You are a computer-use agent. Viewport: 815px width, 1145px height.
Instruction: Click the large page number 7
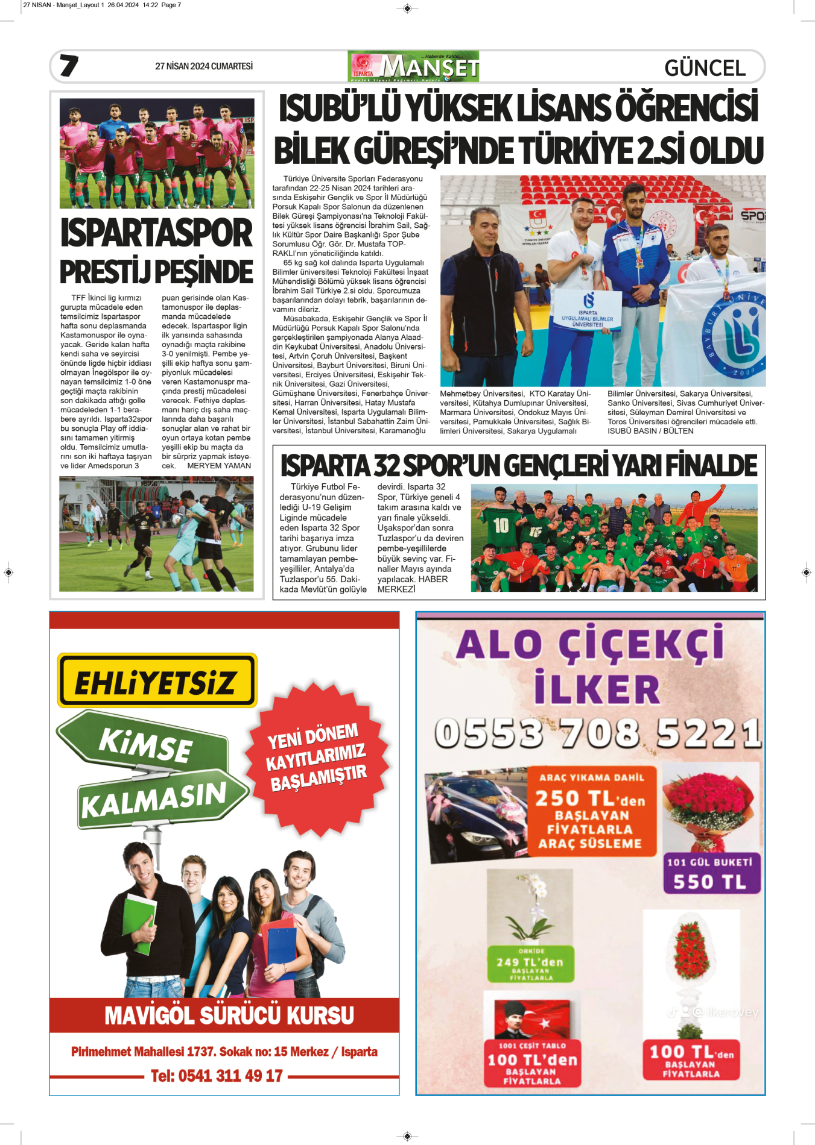tap(69, 65)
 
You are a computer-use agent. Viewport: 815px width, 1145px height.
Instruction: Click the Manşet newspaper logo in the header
tap(414, 66)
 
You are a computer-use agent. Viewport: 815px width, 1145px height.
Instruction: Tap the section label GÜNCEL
tap(705, 68)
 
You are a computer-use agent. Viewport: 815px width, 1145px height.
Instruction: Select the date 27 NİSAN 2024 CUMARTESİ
tap(204, 66)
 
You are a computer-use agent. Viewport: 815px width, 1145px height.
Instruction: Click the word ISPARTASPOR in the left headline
tap(156, 234)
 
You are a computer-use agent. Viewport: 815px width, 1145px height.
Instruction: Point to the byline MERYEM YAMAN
tap(219, 466)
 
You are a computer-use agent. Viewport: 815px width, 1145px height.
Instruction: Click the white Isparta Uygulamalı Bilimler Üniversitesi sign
tap(588, 311)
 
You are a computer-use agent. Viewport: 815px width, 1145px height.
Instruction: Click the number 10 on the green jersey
tap(501, 525)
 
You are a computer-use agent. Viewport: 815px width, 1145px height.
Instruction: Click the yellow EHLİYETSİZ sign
tap(157, 680)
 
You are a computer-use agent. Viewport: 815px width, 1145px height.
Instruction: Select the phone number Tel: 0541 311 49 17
tap(217, 1076)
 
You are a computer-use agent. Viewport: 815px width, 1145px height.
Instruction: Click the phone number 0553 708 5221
tap(597, 733)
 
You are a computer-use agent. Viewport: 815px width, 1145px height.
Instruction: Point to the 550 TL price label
tap(710, 882)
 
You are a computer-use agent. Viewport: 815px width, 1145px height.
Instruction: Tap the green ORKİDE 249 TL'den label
tap(531, 964)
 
